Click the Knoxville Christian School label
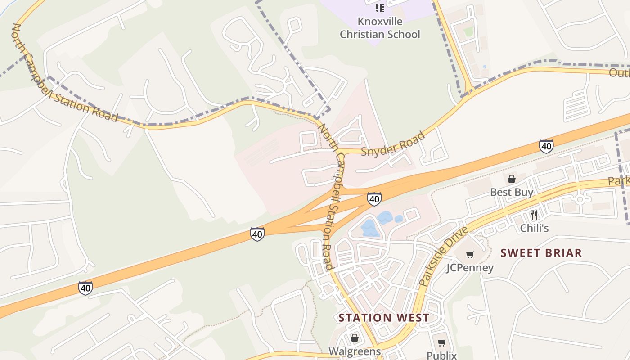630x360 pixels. (380, 28)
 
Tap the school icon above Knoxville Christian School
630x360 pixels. (380, 8)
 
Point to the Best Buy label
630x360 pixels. (512, 193)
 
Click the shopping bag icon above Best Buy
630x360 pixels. (512, 179)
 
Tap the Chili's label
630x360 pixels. (534, 228)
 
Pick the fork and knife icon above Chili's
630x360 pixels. (534, 215)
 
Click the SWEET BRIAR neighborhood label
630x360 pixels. (541, 253)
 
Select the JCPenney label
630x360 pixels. (470, 268)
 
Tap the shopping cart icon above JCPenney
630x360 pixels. (470, 255)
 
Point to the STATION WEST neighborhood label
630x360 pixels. (384, 318)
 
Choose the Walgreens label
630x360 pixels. (355, 351)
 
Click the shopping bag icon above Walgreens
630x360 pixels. (355, 337)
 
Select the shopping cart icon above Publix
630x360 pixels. (441, 342)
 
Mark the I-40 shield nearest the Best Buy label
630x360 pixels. (546, 146)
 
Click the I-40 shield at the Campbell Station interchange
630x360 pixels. (374, 198)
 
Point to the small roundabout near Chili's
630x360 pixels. (580, 198)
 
